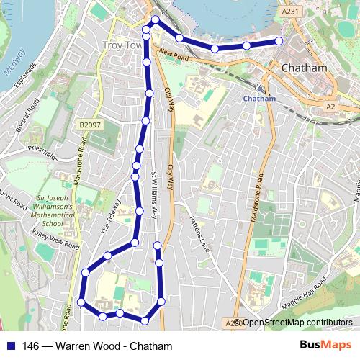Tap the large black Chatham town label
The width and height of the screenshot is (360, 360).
pos(304,68)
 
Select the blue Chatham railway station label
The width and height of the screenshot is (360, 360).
pos(260,99)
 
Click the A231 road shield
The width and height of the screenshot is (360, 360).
pos(290,12)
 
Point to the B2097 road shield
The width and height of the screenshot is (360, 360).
pos(91,125)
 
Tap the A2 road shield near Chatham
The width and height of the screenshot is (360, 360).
pos(330,107)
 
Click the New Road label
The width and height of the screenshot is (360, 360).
pos(174,54)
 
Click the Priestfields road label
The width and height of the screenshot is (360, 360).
pos(43,153)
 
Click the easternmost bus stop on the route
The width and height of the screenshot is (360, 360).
pos(279,41)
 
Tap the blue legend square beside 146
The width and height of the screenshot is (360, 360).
pos(12,346)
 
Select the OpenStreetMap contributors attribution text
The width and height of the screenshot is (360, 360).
pos(297,322)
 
